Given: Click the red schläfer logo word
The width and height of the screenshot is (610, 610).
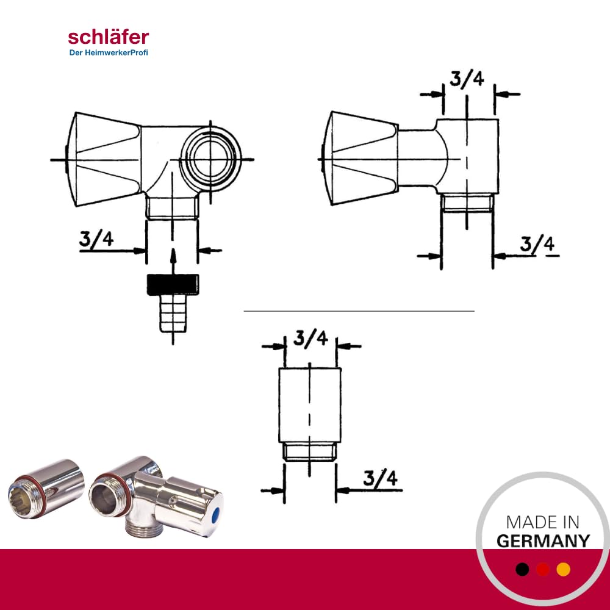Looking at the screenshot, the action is [108, 37].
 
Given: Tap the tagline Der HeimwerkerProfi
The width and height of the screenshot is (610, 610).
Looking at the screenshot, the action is [109, 52].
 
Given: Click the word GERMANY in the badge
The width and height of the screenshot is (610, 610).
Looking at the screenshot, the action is [543, 541].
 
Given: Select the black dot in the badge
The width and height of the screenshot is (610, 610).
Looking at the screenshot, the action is [522, 569].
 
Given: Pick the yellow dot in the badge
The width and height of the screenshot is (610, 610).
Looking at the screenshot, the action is [563, 569].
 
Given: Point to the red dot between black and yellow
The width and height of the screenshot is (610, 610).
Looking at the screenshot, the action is [543, 569].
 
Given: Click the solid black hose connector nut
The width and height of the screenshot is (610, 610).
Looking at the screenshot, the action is [173, 284].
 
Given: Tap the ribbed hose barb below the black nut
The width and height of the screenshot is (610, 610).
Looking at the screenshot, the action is [173, 314].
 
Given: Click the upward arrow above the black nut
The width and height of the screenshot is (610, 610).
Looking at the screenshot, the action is [173, 262].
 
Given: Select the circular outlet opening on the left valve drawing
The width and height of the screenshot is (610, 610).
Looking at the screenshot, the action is [211, 159].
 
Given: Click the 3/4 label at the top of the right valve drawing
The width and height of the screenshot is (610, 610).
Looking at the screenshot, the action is [467, 79].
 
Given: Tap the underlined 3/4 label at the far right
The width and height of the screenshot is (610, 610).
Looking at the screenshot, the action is [537, 245].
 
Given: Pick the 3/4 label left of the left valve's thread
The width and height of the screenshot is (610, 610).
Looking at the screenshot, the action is [96, 239].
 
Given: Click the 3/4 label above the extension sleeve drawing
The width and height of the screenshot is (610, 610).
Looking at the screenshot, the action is [310, 338].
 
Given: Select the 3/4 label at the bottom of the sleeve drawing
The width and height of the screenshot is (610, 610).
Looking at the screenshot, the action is [381, 478].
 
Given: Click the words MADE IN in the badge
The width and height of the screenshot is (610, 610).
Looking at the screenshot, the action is [543, 522].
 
